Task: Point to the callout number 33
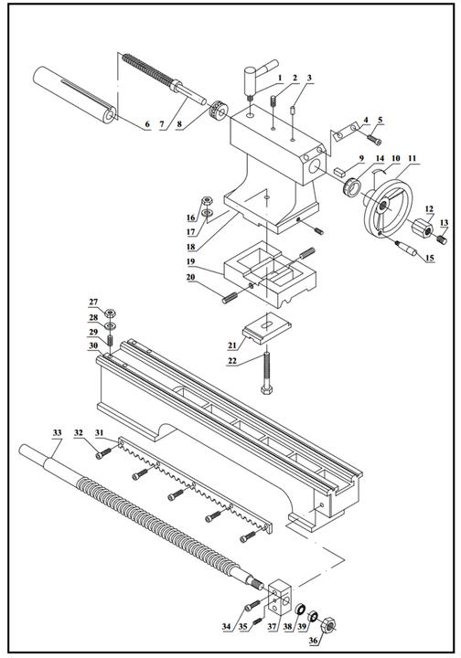[57, 431]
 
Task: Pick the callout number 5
[381, 120]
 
